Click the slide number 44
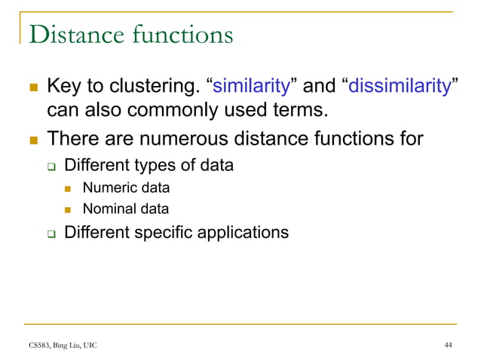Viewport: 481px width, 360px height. (449, 345)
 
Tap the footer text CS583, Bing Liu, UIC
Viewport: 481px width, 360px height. (58, 345)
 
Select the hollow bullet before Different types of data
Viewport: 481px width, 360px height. (51, 164)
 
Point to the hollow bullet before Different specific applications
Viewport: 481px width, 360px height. (51, 233)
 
